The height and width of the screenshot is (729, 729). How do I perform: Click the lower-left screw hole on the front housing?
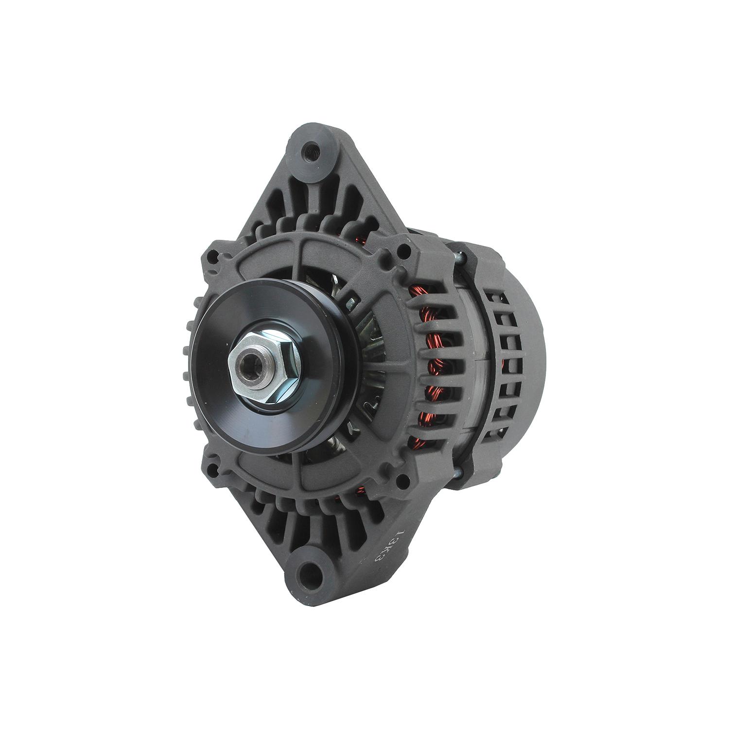212,470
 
